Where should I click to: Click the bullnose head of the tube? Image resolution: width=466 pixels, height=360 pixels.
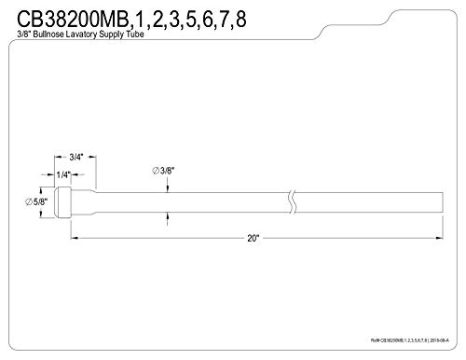(62, 199)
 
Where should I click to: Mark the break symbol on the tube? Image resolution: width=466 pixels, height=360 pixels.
(294, 199)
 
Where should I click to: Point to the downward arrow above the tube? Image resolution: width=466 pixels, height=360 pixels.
(168, 187)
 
